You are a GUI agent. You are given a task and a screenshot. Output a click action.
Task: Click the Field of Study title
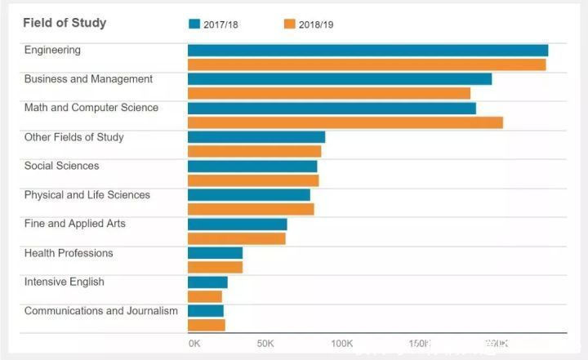click(x=65, y=23)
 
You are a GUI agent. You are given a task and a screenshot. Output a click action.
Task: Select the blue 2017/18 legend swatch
click(x=194, y=24)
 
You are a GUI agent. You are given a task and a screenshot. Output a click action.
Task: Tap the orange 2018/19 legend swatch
click(x=289, y=24)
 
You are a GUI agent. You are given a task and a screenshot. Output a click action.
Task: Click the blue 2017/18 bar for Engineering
click(x=367, y=50)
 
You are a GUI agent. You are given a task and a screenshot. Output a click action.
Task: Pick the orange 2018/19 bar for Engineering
click(x=367, y=64)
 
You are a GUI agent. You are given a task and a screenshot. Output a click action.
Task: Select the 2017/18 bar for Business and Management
click(x=340, y=79)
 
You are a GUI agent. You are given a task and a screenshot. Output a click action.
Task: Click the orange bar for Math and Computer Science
click(x=345, y=122)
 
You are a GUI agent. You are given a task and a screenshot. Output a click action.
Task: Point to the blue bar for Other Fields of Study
click(x=256, y=137)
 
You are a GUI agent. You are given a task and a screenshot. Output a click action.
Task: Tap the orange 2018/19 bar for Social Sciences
click(x=253, y=180)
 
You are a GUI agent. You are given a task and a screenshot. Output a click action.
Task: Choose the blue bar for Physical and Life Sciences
click(x=249, y=195)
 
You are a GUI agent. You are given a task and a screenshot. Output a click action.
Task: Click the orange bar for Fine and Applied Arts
click(x=237, y=238)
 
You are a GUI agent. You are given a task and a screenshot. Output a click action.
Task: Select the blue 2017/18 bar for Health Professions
click(x=215, y=253)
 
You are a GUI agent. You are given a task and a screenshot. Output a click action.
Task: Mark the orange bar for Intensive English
click(x=205, y=296)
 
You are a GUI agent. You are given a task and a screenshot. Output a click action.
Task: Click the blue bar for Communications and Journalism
click(x=206, y=311)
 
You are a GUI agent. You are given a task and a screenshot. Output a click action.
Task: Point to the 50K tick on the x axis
click(x=265, y=344)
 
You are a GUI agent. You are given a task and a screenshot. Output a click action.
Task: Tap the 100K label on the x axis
click(x=342, y=344)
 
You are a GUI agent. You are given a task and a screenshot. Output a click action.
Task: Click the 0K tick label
click(x=194, y=344)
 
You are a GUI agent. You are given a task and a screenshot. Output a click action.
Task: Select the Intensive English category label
click(x=65, y=282)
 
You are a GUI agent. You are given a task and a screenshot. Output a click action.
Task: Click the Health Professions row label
click(x=69, y=253)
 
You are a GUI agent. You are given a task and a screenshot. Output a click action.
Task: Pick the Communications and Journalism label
click(x=101, y=311)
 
